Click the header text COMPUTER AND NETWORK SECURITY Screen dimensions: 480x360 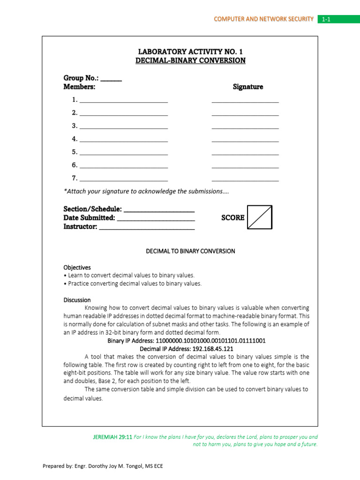pyautogui.click(x=263, y=19)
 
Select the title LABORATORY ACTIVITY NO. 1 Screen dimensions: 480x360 pyautogui.click(x=190, y=52)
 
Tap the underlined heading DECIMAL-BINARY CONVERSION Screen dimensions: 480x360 pyautogui.click(x=190, y=60)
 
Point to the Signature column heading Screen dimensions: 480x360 pyautogui.click(x=248, y=87)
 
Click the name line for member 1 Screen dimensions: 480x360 pyautogui.click(x=124, y=100)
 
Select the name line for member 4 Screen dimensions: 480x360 pyautogui.click(x=124, y=139)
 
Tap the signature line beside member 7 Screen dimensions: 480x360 pyautogui.click(x=245, y=179)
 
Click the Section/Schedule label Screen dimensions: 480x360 pyautogui.click(x=93, y=209)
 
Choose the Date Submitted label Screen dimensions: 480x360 pyautogui.click(x=89, y=217)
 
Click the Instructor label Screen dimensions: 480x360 pyautogui.click(x=81, y=226)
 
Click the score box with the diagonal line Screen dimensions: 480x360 pyautogui.click(x=260, y=217)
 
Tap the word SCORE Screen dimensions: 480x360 pyautogui.click(x=233, y=217)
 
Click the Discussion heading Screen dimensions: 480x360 pyautogui.click(x=77, y=300)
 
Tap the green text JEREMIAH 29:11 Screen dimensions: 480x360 pyautogui.click(x=112, y=436)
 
